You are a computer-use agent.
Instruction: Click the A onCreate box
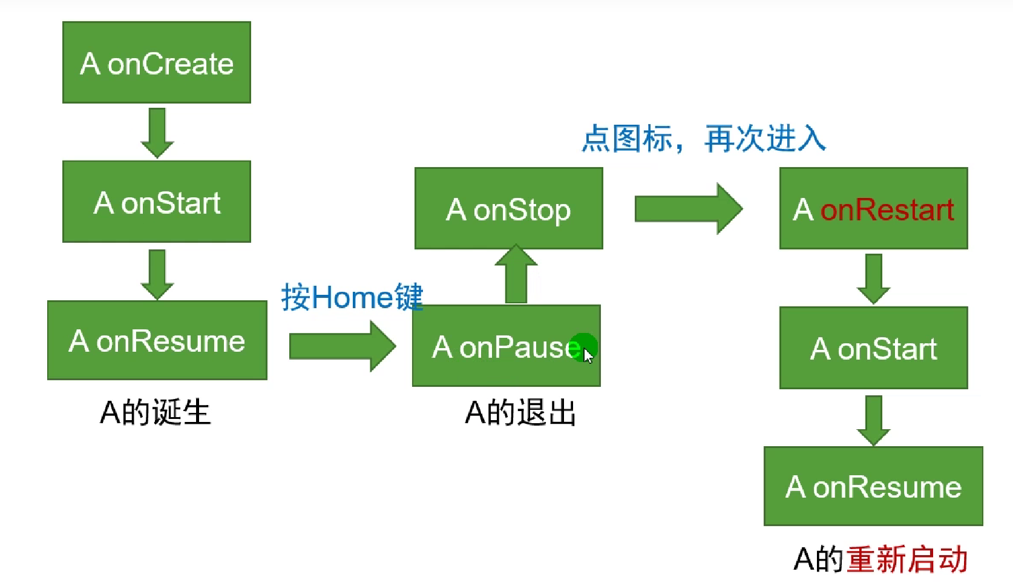[157, 62]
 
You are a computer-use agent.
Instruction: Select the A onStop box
[508, 208]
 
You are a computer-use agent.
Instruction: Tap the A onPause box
[506, 346]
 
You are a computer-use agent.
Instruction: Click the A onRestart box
[873, 208]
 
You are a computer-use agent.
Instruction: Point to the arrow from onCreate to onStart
[157, 133]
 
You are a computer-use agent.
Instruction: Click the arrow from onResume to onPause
[342, 346]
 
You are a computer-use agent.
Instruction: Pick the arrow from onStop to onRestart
[688, 209]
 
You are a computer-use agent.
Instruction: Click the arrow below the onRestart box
[873, 278]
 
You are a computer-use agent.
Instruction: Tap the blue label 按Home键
[352, 297]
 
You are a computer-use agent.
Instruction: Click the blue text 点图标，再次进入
[703, 139]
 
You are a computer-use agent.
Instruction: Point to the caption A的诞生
[156, 413]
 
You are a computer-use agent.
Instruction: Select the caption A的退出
[520, 413]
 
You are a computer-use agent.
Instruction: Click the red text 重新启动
[906, 559]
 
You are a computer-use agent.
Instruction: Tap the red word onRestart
[887, 209]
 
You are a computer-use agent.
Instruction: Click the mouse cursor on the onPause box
[587, 355]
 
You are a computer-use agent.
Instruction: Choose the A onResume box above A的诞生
[157, 340]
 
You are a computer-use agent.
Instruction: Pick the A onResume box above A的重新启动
[873, 486]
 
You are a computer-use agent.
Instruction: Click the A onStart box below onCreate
[157, 202]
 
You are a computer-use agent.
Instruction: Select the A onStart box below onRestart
[873, 348]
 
